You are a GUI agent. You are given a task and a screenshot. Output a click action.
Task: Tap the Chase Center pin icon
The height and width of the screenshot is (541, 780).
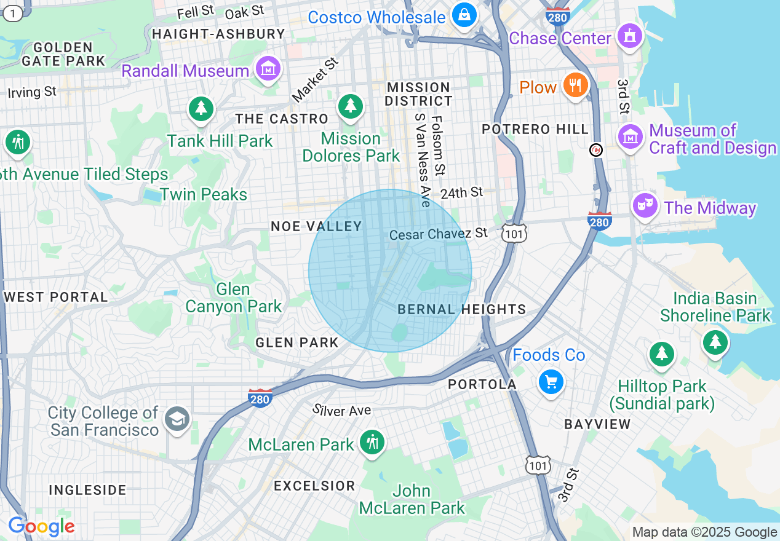629,36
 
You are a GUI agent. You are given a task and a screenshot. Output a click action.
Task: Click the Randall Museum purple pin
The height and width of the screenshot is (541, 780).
268,69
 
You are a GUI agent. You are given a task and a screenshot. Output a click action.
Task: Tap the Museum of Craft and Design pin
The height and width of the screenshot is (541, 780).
630,136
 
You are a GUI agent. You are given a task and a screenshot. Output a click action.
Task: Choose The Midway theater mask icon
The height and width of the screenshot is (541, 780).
645,205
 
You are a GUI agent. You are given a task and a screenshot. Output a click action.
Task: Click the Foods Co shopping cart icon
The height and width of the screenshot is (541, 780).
551,382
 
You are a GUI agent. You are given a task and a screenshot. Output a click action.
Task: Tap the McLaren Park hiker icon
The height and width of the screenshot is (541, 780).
372,442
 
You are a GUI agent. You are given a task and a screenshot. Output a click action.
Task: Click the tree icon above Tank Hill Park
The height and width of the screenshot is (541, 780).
201,109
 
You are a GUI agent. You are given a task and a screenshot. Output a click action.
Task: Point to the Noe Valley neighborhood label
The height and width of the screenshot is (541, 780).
316,226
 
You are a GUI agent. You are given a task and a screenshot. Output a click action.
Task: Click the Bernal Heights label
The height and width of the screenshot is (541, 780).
461,309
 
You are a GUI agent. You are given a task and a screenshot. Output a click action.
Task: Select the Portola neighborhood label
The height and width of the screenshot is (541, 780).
482,384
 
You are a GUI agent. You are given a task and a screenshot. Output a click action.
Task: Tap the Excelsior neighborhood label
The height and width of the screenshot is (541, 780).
314,486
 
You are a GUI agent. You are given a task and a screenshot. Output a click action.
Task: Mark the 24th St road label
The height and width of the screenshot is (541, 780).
461,193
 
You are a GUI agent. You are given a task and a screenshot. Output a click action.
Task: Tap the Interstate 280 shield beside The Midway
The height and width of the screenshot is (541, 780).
599,221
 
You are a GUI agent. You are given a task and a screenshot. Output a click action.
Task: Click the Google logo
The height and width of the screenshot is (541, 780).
41,527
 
